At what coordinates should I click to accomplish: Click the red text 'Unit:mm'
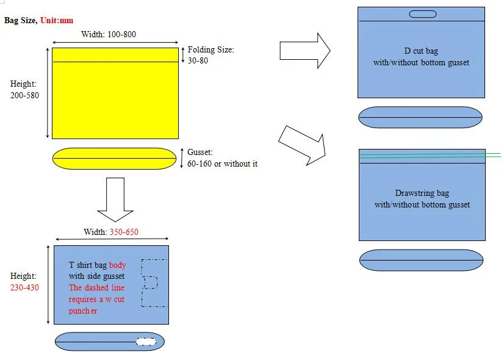click(x=57, y=20)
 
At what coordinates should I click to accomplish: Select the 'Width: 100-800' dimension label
click(x=109, y=34)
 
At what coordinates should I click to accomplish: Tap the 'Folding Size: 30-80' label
click(x=211, y=55)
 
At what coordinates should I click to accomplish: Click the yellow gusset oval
click(x=114, y=159)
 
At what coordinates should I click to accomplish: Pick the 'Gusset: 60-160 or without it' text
click(x=222, y=158)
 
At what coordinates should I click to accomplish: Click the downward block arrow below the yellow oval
click(x=115, y=199)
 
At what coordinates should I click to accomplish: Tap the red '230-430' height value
click(x=24, y=287)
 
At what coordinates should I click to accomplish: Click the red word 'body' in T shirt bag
click(x=118, y=265)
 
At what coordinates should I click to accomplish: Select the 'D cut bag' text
click(x=421, y=51)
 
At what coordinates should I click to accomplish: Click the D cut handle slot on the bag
click(x=421, y=14)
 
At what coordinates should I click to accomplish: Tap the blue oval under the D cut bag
click(x=421, y=117)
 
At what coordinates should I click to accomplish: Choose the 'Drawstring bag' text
click(x=422, y=193)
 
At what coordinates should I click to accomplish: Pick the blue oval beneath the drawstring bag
click(x=421, y=260)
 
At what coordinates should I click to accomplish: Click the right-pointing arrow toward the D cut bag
click(x=304, y=50)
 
